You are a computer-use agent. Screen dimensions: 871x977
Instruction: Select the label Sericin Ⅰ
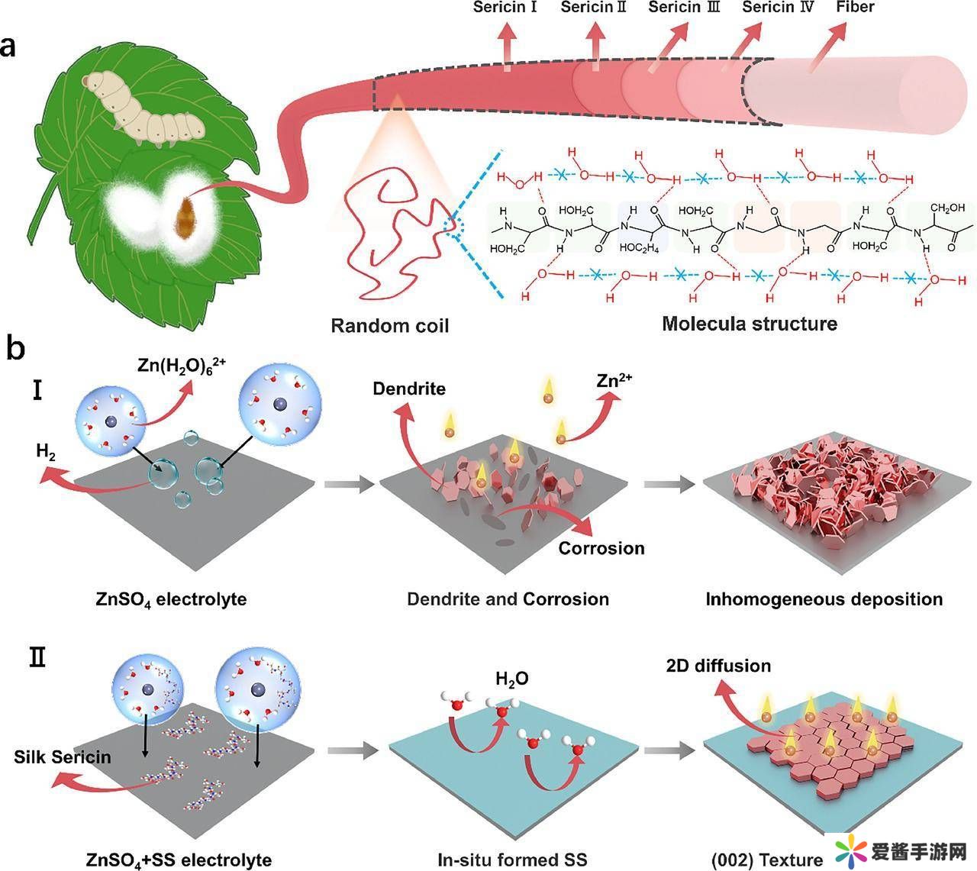[505, 8]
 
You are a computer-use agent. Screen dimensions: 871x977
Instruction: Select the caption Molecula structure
[749, 324]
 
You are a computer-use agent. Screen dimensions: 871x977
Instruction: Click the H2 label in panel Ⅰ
[47, 451]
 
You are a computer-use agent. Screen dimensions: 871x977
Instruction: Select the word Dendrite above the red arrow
[409, 389]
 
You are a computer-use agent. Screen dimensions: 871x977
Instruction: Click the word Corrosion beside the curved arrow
[601, 548]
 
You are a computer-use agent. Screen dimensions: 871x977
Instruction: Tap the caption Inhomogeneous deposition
[824, 598]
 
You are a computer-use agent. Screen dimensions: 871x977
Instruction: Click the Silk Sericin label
[63, 757]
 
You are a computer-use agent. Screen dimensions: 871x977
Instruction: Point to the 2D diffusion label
[718, 666]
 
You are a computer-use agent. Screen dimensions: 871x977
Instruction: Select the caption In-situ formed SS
[512, 860]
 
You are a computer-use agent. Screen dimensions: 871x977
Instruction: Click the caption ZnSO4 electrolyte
[171, 598]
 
